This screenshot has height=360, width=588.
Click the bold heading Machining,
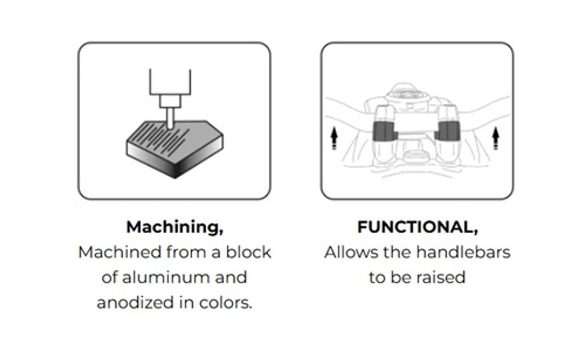pos(175,227)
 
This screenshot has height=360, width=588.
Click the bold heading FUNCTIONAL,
pos(417,227)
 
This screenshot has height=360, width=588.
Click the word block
pos(248,252)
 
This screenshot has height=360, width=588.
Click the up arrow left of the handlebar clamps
pos(334,138)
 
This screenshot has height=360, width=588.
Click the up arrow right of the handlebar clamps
pos(496,138)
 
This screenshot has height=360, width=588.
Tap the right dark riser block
pos(447,131)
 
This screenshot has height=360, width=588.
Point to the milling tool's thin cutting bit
pos(170,118)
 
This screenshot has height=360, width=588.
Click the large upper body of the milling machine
pos(170,82)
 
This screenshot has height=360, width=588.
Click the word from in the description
pos(187,252)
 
